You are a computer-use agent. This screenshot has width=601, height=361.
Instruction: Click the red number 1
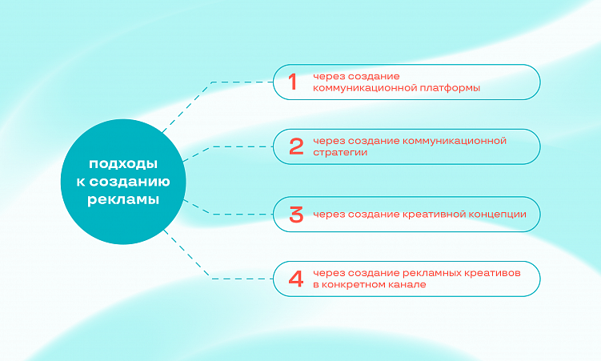pos(292,82)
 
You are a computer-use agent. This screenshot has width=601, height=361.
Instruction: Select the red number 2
pos(296,146)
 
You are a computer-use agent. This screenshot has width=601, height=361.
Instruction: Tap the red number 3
pos(296,215)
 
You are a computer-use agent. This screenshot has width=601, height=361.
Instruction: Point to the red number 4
pos(296,279)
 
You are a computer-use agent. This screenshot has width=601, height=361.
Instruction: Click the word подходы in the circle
pos(123,163)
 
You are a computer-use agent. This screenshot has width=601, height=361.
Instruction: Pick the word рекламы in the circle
pos(123,200)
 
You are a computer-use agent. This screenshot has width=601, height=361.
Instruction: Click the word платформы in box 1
pos(450,88)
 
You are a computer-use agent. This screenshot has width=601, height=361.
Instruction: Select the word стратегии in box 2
pos(341,152)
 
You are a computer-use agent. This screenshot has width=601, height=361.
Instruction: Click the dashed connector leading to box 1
pos(232,82)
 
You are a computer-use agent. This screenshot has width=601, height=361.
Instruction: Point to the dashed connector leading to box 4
pos(232,278)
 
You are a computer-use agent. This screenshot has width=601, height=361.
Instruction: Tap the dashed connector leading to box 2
pos(232,147)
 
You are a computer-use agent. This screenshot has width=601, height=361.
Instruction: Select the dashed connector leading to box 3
pos(232,214)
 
